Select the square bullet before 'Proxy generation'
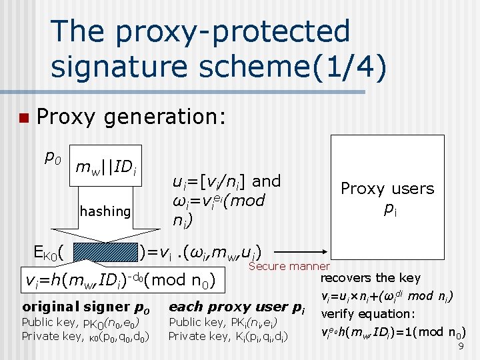pyautogui.click(x=24, y=119)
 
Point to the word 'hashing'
pyautogui.click(x=105, y=211)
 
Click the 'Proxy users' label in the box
pyautogui.click(x=387, y=189)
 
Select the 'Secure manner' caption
pyautogui.click(x=289, y=266)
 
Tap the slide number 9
pyautogui.click(x=461, y=347)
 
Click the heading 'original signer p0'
pyautogui.click(x=86, y=307)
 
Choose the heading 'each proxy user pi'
pyautogui.click(x=237, y=307)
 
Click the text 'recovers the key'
pyautogui.click(x=371, y=278)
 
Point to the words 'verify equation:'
pyautogui.click(x=367, y=313)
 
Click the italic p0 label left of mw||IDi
pyautogui.click(x=52, y=157)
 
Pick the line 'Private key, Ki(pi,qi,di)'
pyautogui.click(x=227, y=336)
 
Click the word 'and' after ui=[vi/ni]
pyautogui.click(x=267, y=181)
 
